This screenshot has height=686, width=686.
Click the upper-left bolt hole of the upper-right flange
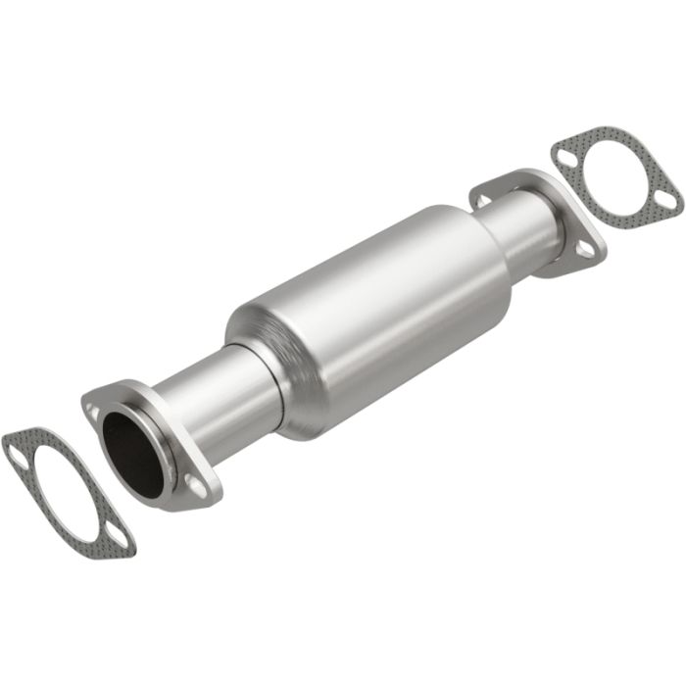pos(481,199)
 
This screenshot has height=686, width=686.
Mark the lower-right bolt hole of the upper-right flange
pos(584,250)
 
